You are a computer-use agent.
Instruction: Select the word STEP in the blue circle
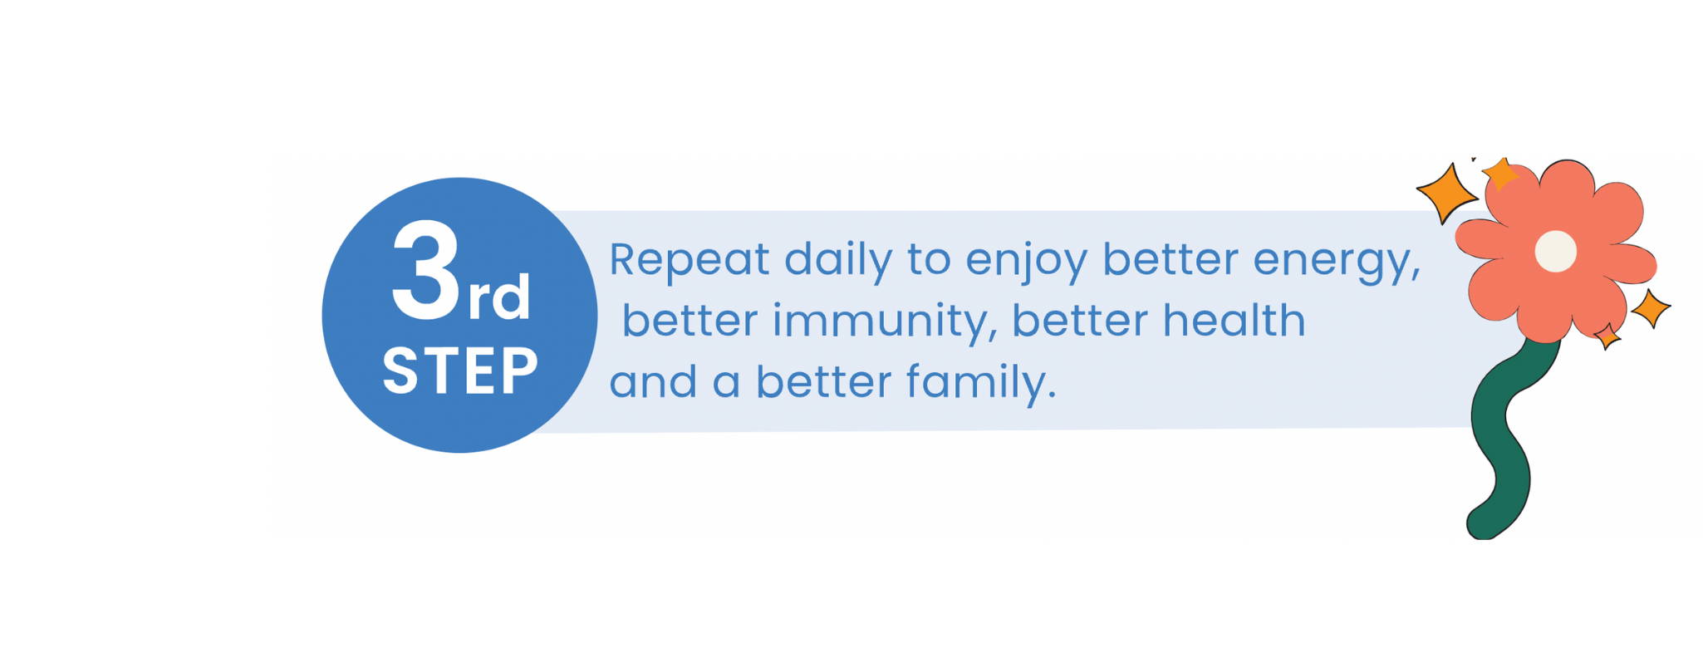[x=460, y=371]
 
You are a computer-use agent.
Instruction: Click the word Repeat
[x=690, y=261]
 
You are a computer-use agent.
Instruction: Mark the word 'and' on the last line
[x=654, y=383]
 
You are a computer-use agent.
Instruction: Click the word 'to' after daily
[x=929, y=260]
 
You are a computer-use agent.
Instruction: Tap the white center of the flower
[x=1555, y=251]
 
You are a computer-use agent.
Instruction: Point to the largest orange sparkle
[x=1446, y=194]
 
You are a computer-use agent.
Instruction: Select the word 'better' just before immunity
[x=690, y=320]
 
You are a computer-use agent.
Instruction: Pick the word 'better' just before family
[x=823, y=381]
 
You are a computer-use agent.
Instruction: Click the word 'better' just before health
[x=1079, y=320]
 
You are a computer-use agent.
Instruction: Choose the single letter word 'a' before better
[x=726, y=384]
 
